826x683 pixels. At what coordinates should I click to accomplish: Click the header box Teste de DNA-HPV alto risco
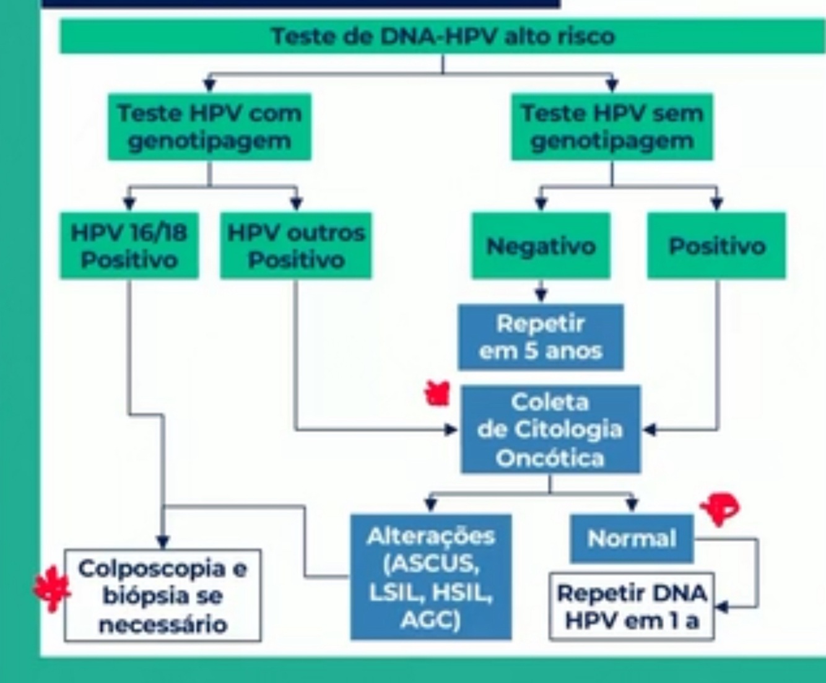(x=443, y=37)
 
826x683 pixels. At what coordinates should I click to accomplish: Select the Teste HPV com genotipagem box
(x=209, y=127)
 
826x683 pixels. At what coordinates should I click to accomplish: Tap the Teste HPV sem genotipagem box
(x=612, y=127)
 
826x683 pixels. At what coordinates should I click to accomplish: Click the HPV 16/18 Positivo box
(x=129, y=246)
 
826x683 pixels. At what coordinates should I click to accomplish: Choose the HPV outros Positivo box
(x=296, y=246)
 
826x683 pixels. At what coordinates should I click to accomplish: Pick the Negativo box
(x=541, y=246)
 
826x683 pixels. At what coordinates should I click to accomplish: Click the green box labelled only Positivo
(x=716, y=246)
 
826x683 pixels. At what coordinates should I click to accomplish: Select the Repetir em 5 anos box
(x=541, y=337)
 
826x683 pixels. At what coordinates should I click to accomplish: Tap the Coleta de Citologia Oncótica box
(x=550, y=430)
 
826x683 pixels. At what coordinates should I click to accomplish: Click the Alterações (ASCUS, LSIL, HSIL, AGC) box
(x=431, y=576)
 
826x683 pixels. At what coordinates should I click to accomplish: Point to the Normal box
(x=632, y=538)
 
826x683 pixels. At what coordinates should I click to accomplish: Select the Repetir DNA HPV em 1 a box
(x=632, y=606)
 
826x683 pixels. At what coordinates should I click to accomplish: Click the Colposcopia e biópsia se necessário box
(x=162, y=595)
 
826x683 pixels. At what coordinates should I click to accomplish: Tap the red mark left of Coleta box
(x=438, y=394)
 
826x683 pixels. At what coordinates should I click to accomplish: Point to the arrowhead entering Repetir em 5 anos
(x=541, y=295)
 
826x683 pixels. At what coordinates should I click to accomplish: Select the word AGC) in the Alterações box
(x=430, y=619)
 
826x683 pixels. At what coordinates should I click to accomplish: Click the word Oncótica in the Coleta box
(x=549, y=458)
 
